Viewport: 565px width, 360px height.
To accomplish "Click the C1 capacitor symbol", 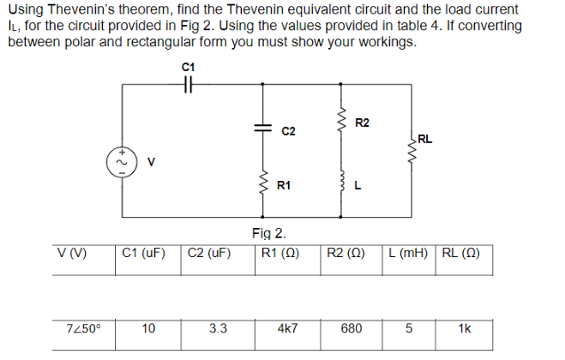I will tap(189, 83).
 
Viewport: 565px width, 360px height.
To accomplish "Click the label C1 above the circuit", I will tap(189, 66).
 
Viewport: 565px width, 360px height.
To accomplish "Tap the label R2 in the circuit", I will tap(361, 123).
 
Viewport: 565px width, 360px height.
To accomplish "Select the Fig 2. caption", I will tap(269, 232).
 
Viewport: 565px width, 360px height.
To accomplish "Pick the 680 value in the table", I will tap(351, 328).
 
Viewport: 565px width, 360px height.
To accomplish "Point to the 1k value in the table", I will tap(465, 328).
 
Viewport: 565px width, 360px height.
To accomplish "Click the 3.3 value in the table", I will tap(218, 328).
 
